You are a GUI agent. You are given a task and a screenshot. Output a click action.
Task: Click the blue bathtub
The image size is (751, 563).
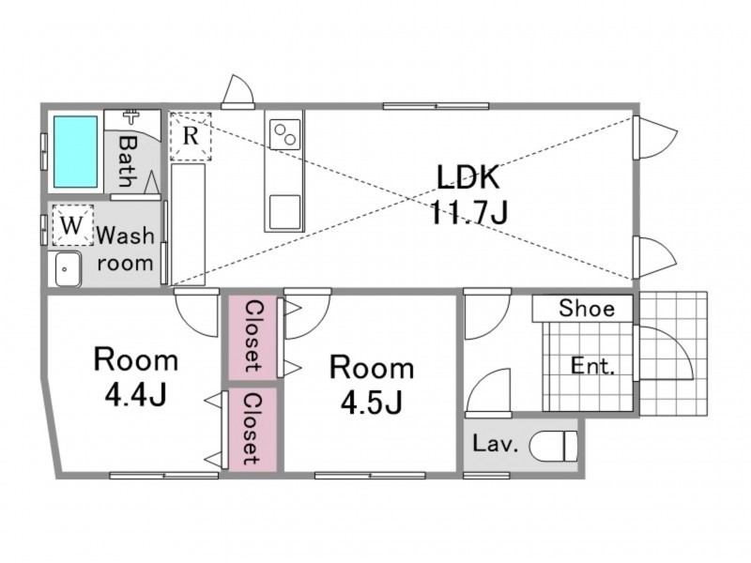coord(76,152)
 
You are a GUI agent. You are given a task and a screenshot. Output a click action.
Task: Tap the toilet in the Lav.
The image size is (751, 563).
coord(554,447)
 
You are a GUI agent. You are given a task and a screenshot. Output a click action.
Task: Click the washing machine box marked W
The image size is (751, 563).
coord(73,225)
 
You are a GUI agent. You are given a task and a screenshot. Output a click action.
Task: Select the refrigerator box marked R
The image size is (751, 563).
coord(191,136)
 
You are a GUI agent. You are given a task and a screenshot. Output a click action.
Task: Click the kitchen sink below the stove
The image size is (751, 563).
coord(285,212)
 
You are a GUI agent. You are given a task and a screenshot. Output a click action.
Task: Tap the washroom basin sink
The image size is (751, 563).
coord(68,269)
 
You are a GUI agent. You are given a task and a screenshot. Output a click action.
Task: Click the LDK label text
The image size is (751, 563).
coord(467,176)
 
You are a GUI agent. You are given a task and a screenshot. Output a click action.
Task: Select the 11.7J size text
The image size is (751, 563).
coord(468,212)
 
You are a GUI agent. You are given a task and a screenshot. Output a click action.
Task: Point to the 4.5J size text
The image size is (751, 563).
coord(371,403)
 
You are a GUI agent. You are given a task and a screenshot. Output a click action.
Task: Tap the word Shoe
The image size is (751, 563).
coord(587,309)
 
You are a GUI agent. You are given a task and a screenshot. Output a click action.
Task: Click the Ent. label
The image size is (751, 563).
coord(592,366)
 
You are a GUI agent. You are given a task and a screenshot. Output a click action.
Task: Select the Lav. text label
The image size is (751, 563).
coord(496,444)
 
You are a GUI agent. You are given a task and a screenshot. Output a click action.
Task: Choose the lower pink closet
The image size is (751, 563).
coord(253,429)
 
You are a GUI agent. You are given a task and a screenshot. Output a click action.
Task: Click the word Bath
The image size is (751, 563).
coord(128,161)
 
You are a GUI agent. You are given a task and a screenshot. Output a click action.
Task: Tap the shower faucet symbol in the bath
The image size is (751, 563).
coord(130,116)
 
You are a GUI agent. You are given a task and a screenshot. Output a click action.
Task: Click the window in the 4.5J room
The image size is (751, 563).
coord(370,476)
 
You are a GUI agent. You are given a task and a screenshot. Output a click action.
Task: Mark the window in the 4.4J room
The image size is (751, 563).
coord(164,476)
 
